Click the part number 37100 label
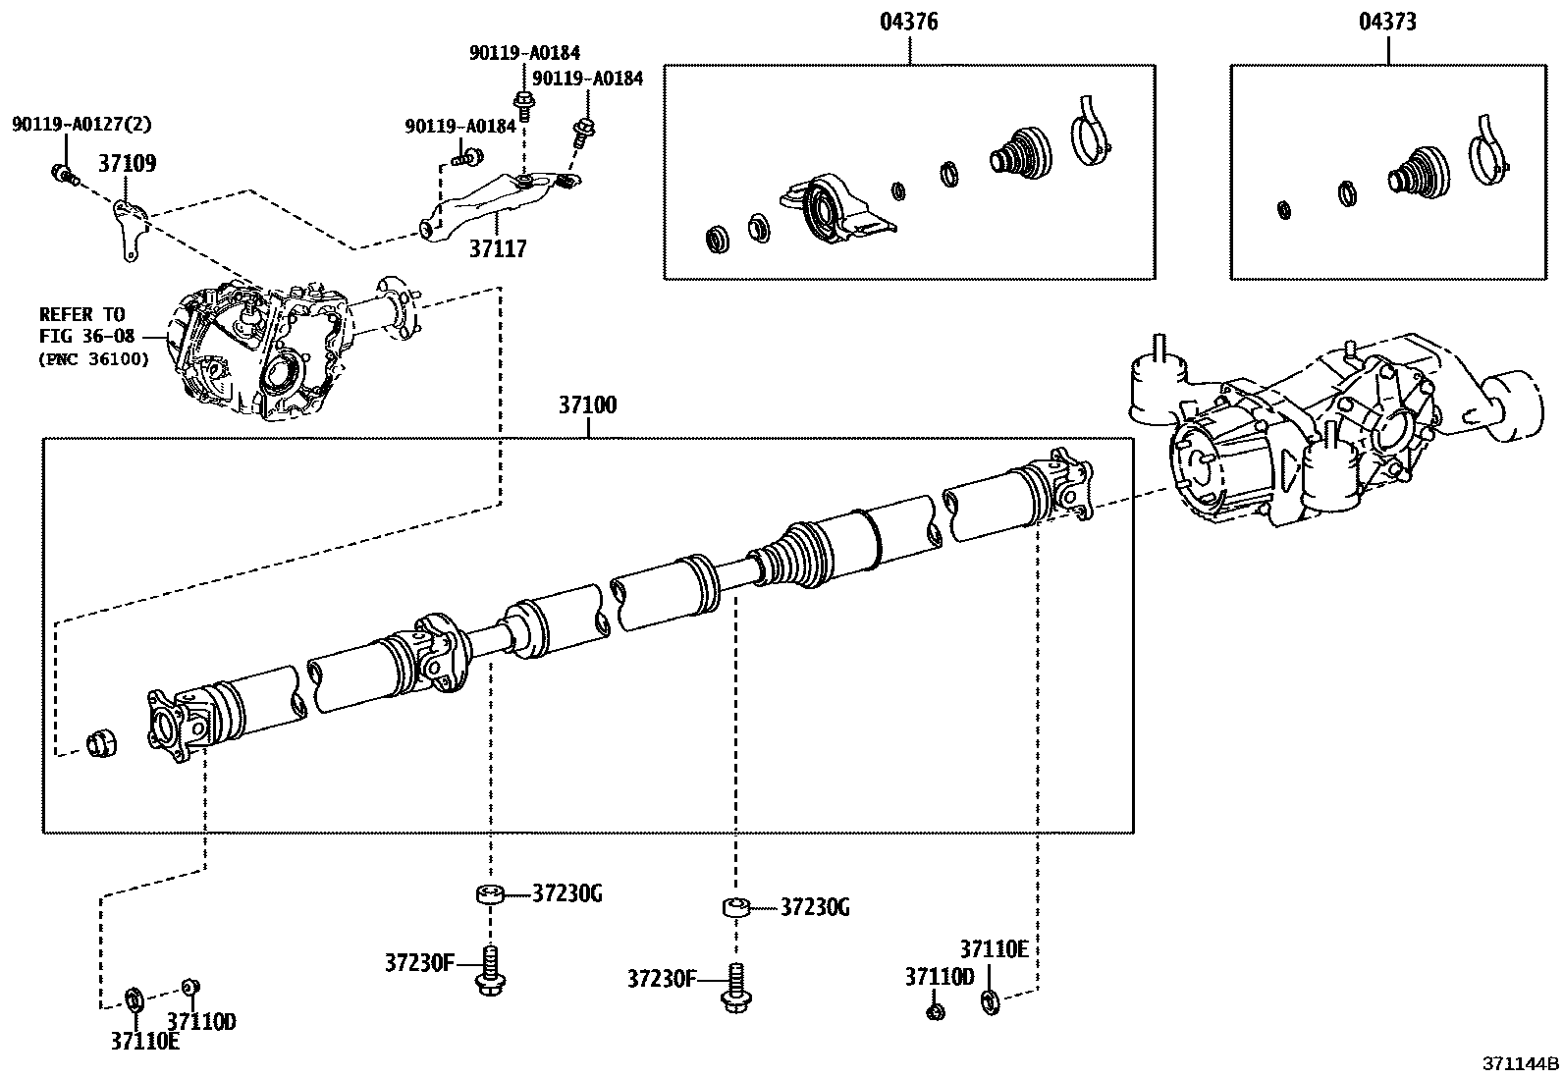tap(588, 405)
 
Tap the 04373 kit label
tap(1387, 21)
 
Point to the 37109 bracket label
tap(127, 163)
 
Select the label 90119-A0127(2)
tap(82, 125)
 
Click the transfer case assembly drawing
tap(260, 349)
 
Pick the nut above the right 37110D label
tap(936, 1010)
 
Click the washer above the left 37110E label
tap(135, 999)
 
